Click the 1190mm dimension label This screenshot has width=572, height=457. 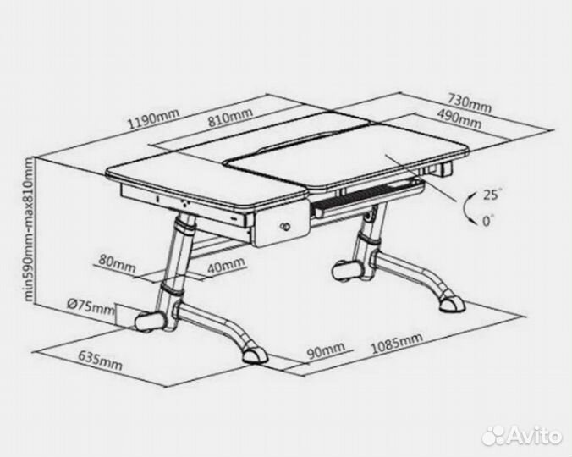[153, 118]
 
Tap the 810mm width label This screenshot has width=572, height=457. [230, 117]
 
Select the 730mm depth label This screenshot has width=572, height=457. [470, 103]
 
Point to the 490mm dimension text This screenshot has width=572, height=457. [459, 118]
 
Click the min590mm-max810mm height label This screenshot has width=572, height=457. [29, 229]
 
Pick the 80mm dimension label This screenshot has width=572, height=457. [117, 264]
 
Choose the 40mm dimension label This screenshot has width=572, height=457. [226, 266]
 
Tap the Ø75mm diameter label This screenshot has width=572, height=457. [91, 307]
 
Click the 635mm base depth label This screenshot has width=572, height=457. [100, 360]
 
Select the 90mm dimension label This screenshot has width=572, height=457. [326, 350]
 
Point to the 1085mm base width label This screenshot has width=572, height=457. [397, 343]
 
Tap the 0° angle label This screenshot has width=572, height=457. [488, 221]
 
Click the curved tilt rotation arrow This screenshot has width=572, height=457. [465, 206]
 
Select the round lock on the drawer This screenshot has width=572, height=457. [284, 227]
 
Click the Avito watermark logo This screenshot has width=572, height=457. [522, 435]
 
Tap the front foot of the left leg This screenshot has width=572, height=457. [255, 355]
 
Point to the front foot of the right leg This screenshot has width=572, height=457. [452, 304]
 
